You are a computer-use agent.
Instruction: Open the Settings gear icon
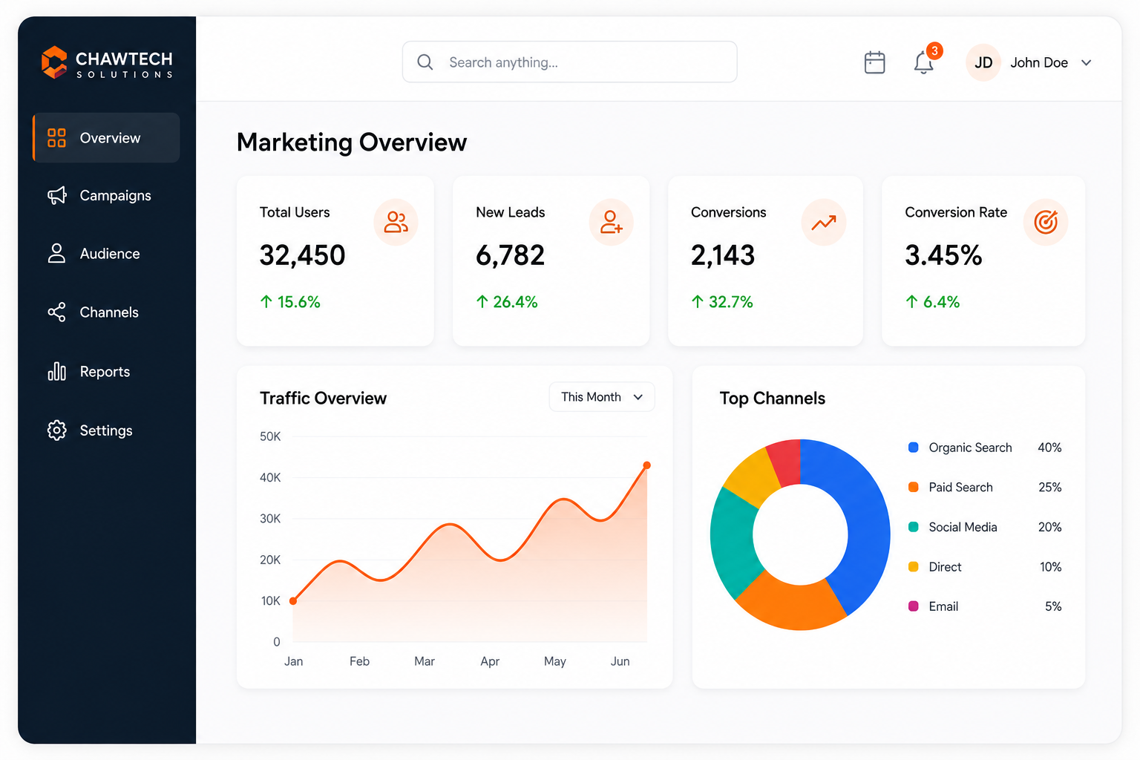coord(56,430)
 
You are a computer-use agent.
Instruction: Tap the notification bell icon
coord(923,62)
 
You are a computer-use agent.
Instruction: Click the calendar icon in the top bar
coord(874,62)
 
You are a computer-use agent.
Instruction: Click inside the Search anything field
coord(569,62)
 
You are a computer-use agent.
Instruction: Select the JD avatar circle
coord(983,62)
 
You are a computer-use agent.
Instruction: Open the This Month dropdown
coord(602,396)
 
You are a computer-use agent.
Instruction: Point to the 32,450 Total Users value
coord(302,255)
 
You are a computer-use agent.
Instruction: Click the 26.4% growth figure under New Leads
coord(515,302)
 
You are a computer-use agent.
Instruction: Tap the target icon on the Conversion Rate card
coord(1045,222)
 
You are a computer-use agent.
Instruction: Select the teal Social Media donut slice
coord(731,540)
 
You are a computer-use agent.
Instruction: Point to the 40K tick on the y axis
coord(269,477)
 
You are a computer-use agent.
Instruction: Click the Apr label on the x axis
coord(490,661)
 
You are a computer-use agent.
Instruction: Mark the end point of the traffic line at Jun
coord(647,465)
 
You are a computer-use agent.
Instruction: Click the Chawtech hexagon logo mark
coord(54,62)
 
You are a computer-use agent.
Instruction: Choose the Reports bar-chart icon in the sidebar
coord(56,372)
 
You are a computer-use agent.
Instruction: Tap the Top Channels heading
coord(772,398)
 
